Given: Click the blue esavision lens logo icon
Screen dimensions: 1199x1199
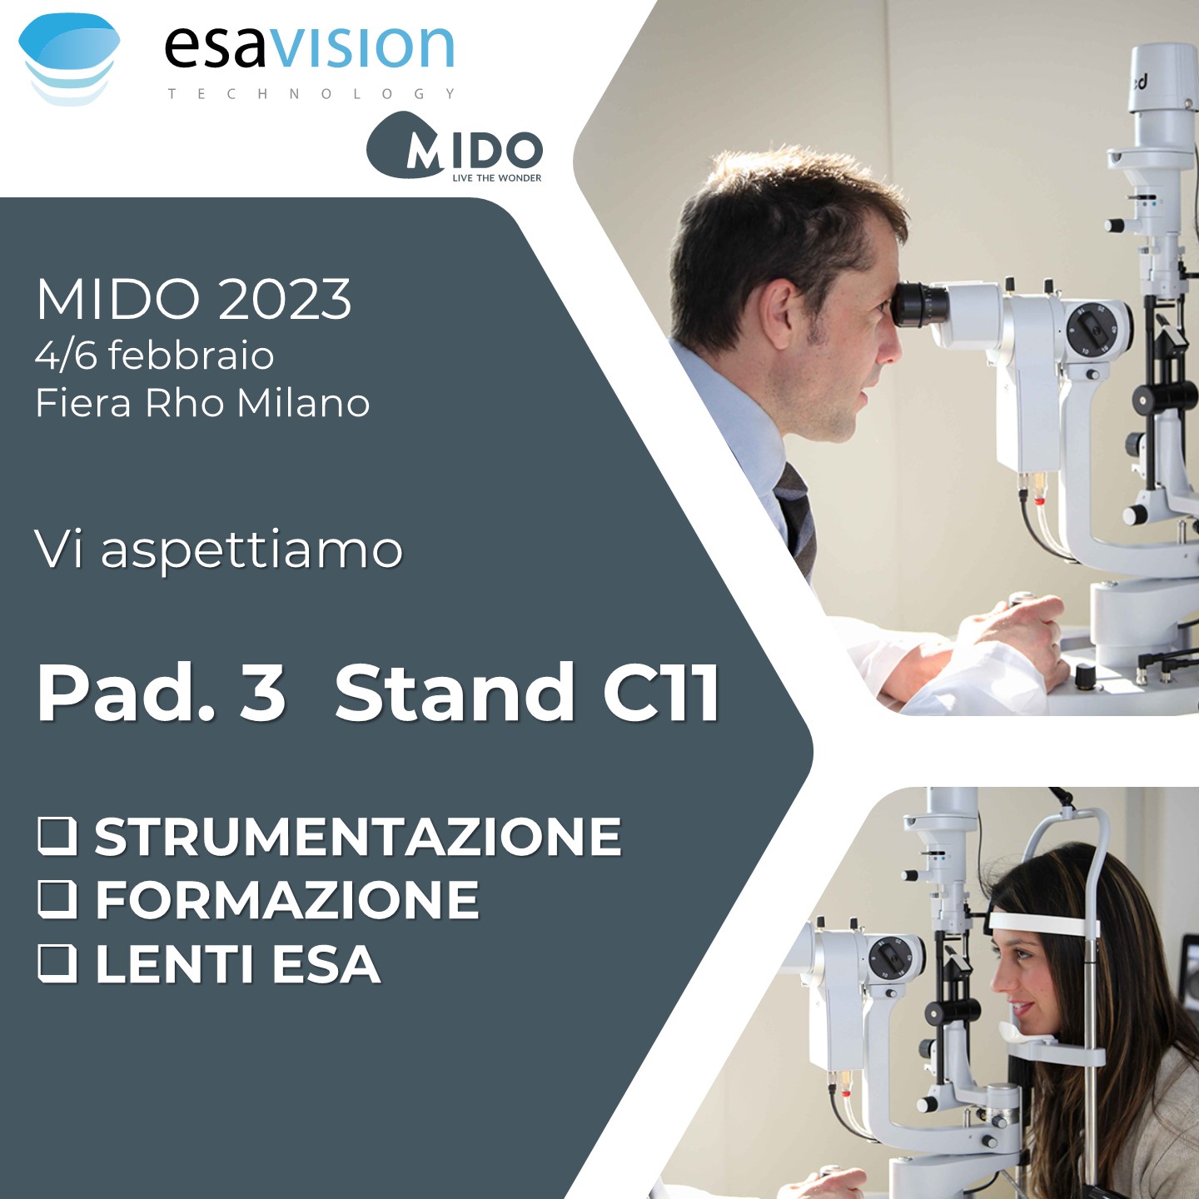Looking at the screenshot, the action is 69,59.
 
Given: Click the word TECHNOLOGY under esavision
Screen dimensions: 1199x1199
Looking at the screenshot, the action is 311,94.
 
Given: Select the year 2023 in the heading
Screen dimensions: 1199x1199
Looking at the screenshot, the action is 285,300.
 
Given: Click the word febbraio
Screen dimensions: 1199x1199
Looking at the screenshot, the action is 191,356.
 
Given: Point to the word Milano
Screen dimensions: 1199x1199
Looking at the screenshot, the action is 304,402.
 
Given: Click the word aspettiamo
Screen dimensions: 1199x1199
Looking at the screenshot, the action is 252,551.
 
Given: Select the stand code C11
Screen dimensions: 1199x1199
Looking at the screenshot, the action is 661,692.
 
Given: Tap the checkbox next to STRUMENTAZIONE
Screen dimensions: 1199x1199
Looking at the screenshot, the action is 57,836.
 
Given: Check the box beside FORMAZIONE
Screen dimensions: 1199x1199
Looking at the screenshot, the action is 57,899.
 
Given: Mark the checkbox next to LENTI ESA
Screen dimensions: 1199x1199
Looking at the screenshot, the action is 57,963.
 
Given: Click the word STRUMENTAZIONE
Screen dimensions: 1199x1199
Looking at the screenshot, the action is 358,836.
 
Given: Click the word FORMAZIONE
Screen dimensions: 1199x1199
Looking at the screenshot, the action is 287,900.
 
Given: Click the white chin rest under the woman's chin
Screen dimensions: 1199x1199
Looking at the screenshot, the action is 1027,1033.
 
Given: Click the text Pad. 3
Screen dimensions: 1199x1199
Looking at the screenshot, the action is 162,692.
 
